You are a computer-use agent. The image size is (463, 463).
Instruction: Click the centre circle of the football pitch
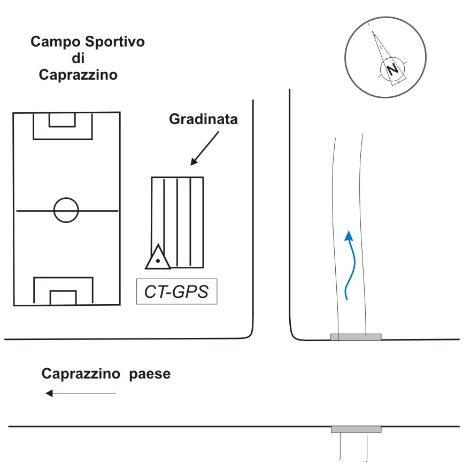tap(66, 210)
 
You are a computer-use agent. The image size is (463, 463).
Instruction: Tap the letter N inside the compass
tap(392, 70)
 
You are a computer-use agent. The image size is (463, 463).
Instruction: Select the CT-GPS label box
tap(176, 291)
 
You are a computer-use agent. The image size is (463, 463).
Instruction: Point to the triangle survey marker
tap(158, 257)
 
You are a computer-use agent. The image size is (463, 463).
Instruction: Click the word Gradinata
tap(203, 119)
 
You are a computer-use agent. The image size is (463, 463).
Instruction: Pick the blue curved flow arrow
tap(350, 265)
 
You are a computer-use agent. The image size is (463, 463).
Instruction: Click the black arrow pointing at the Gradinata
tap(205, 148)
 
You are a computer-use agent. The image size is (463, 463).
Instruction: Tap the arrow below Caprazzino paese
tap(81, 393)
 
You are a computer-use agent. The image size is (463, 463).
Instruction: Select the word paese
tap(150, 374)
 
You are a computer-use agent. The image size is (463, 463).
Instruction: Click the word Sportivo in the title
tap(114, 42)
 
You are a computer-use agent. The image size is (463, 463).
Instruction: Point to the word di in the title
tap(78, 58)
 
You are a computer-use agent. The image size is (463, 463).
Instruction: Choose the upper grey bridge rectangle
tap(356, 337)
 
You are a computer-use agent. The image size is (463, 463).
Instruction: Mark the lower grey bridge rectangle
tap(356, 429)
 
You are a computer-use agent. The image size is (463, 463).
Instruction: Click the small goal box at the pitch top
tap(62, 120)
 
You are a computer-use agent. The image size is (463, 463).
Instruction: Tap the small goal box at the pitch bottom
tap(63, 298)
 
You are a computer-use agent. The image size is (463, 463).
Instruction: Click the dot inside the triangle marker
tap(158, 261)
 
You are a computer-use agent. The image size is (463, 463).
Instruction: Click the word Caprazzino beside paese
tap(81, 374)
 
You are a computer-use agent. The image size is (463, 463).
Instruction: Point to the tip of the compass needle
tap(372, 30)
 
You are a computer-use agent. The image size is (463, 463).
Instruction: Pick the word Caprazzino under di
tap(78, 75)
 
